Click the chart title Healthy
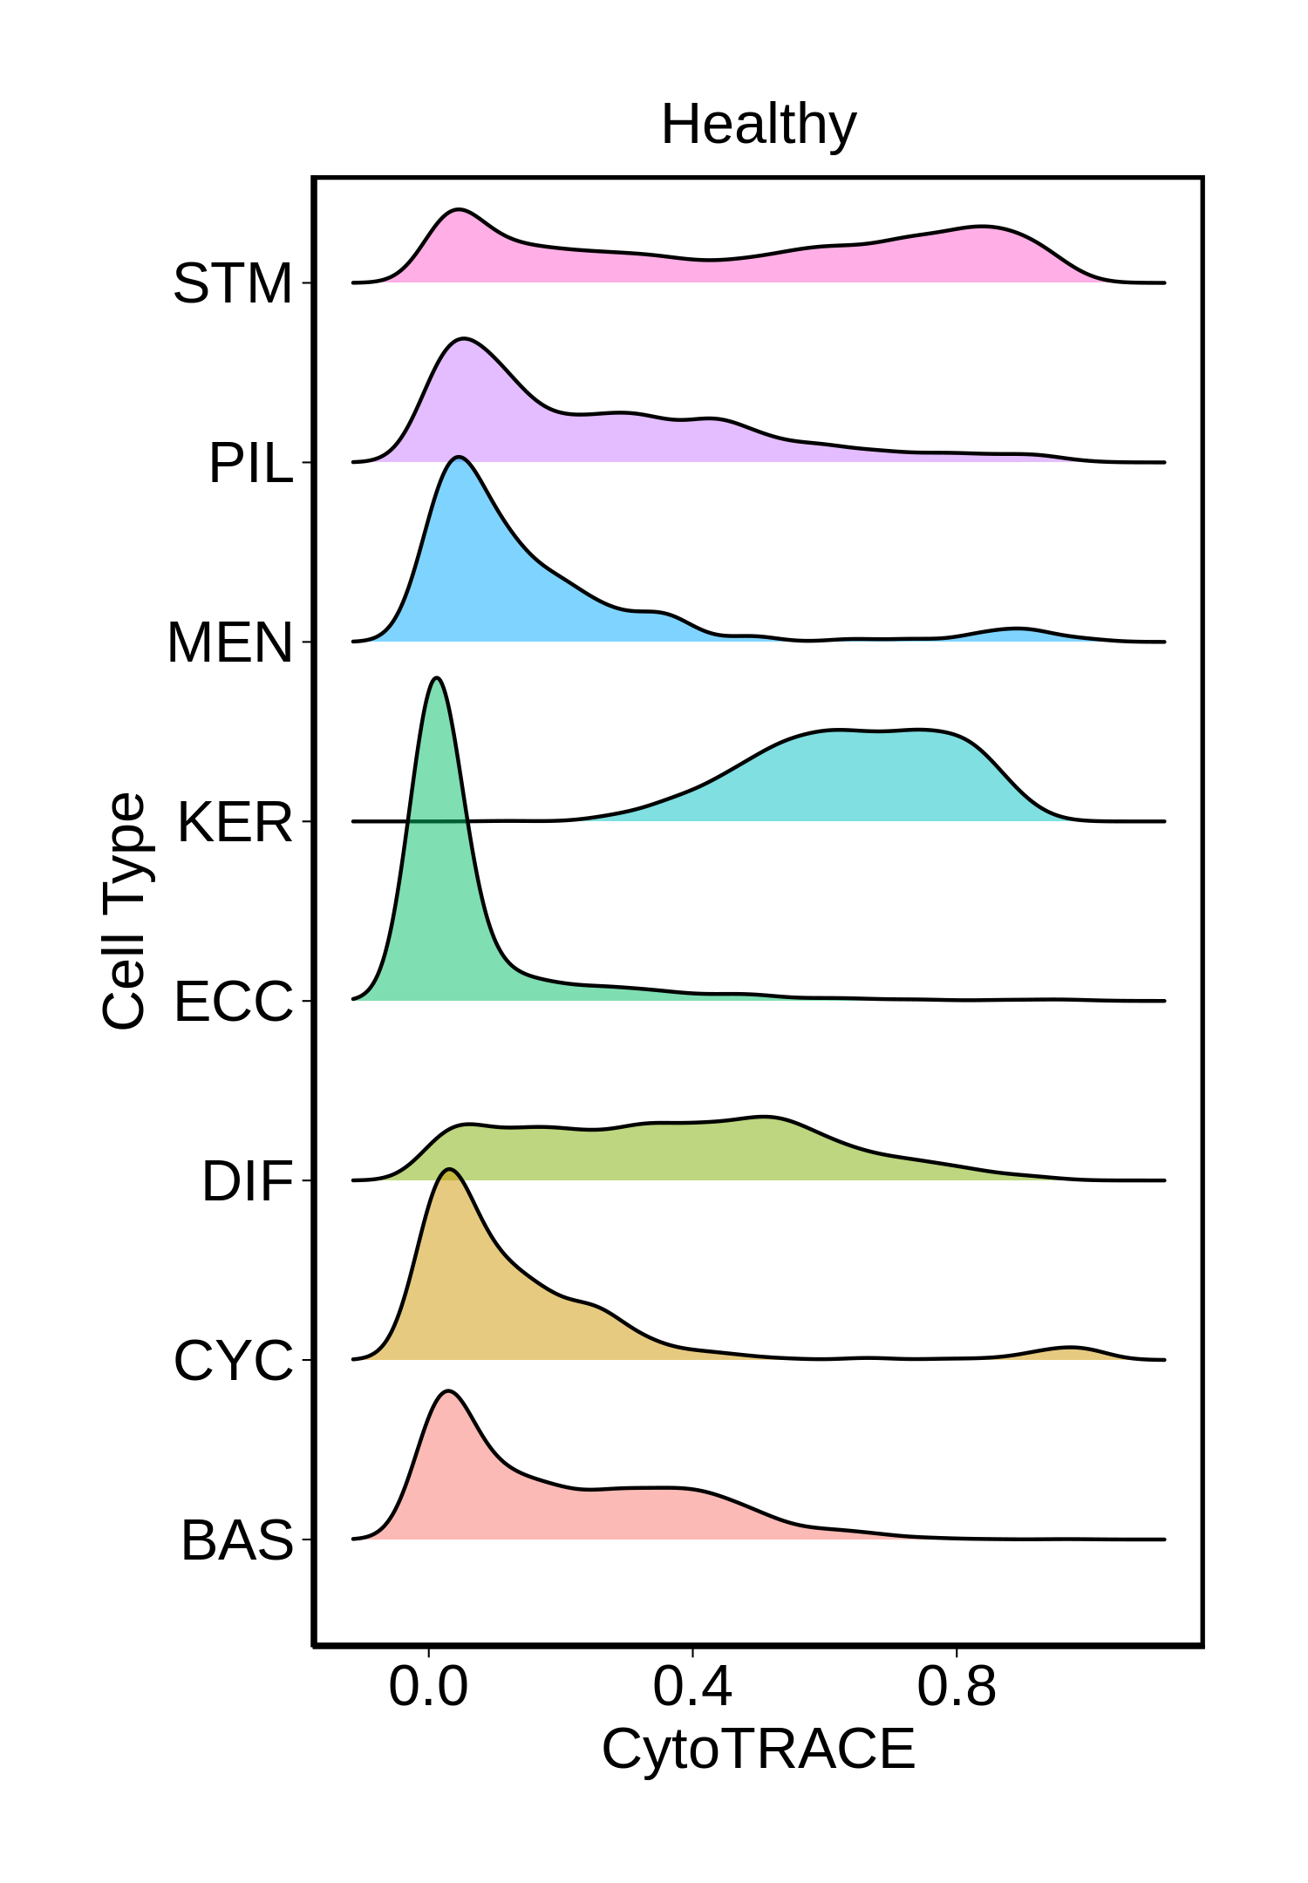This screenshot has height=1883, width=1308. (x=758, y=125)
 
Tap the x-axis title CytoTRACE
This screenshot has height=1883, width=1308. (x=758, y=1748)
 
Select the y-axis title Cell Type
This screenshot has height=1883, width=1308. (x=124, y=911)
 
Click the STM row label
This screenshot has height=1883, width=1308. (x=233, y=283)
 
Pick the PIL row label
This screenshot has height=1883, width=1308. (x=250, y=463)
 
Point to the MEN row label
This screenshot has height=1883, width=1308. (x=229, y=642)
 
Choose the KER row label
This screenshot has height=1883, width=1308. (x=235, y=822)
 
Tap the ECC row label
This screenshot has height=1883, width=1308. (x=233, y=1002)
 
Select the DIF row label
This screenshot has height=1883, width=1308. (x=247, y=1181)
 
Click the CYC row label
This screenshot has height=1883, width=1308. (x=233, y=1361)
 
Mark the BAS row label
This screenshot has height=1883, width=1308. (x=236, y=1540)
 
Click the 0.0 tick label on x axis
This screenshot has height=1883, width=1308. (x=428, y=1686)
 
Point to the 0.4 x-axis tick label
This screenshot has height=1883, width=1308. (x=692, y=1686)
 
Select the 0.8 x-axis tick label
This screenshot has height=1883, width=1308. (x=957, y=1686)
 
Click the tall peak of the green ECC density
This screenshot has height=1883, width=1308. (x=437, y=680)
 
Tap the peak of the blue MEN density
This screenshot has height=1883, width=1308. (x=458, y=459)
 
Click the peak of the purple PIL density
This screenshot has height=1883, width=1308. (x=464, y=339)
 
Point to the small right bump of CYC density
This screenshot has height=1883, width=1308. (x=1071, y=1349)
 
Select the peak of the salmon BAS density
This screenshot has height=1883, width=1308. (x=448, y=1392)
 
